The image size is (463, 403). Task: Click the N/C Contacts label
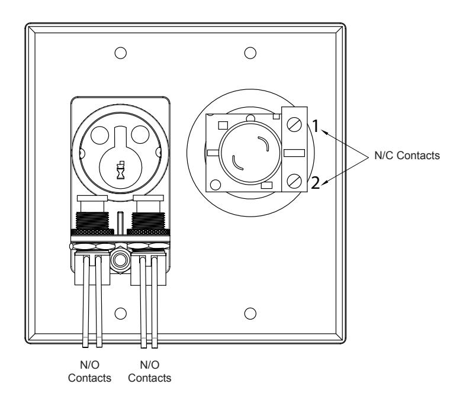[407, 156]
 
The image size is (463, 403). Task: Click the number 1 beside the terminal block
[316, 126]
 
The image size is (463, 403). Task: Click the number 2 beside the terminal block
[316, 183]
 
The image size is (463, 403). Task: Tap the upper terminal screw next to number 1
[294, 124]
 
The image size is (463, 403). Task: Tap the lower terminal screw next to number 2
[294, 180]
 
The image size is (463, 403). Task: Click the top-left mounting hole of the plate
[120, 53]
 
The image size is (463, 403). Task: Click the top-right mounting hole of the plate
[250, 53]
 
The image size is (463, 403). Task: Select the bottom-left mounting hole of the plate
[120, 313]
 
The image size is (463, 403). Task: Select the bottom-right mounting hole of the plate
[250, 313]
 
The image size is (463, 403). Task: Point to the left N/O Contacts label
[89, 372]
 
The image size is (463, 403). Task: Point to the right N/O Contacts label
[150, 372]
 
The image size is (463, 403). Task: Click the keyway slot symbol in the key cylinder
[120, 170]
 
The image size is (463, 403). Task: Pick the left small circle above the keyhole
[100, 135]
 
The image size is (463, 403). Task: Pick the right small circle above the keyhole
[140, 134]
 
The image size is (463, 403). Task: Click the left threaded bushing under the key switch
[92, 221]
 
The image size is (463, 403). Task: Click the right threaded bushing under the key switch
[148, 221]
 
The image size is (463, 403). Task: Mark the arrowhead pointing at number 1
[324, 133]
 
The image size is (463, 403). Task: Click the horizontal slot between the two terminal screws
[294, 153]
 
